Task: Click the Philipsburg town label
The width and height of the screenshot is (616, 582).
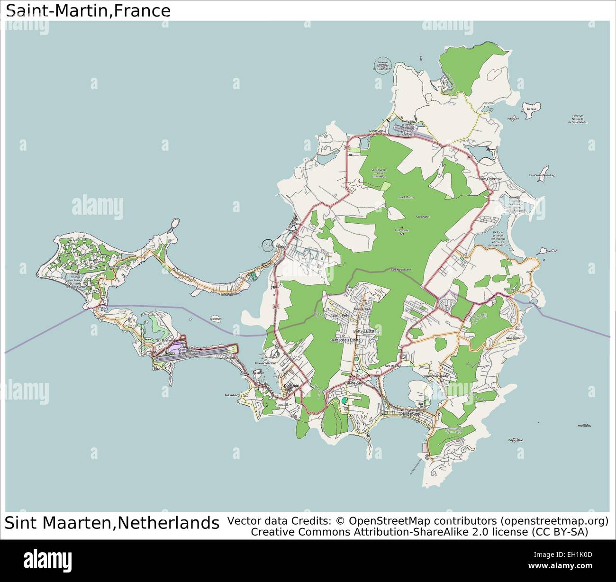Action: pos(410,414)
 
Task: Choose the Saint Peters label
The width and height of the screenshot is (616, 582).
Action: pos(342,315)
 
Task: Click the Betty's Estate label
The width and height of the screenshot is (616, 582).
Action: pos(365,331)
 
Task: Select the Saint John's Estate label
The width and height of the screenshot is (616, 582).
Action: pos(345,340)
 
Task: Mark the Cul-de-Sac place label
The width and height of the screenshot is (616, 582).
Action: pos(354,382)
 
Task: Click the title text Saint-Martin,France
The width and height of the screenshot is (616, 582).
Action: pos(88,10)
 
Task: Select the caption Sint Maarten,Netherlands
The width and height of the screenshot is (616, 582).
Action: pos(112,523)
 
